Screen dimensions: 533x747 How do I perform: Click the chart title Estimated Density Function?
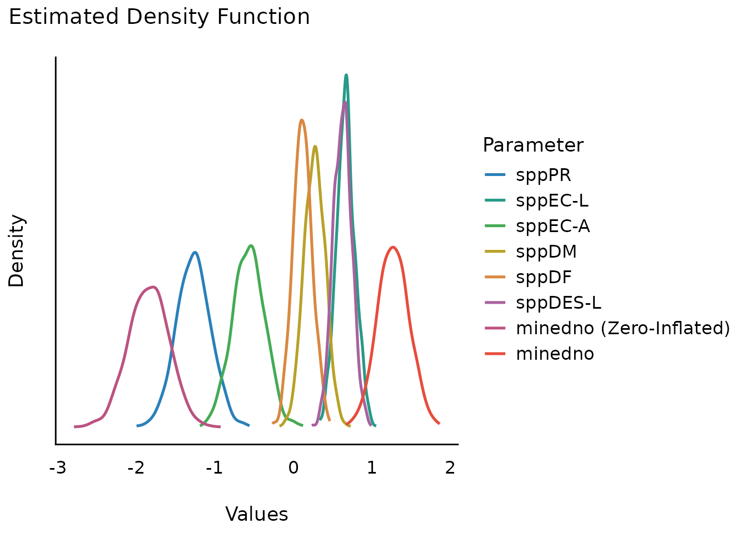point(159,17)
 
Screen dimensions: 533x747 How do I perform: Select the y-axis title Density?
point(17,251)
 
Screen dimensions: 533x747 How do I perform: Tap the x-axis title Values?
point(256,515)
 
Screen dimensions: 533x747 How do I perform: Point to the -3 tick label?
point(57,468)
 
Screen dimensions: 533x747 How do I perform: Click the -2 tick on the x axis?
point(136,468)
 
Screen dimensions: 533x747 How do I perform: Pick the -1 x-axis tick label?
point(214,468)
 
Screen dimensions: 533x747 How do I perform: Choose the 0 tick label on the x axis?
point(293,468)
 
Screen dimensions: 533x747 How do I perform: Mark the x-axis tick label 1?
point(371,468)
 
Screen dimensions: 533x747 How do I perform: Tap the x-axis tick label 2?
point(450,468)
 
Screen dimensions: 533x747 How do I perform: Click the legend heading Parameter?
point(532,145)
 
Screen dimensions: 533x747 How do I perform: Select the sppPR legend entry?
point(543,175)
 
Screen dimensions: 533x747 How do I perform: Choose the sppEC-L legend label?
point(551,201)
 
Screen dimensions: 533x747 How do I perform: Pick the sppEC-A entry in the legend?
point(552,227)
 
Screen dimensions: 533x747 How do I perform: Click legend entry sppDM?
point(546,252)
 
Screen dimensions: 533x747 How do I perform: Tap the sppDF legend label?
point(544,278)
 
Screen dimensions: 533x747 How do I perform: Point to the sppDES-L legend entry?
point(558,303)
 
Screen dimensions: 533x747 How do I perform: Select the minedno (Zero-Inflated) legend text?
point(622,329)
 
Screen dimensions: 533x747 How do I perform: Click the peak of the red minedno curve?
point(393,247)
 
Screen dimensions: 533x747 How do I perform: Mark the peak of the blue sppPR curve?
point(195,252)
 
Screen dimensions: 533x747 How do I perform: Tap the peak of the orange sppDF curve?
point(301,120)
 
